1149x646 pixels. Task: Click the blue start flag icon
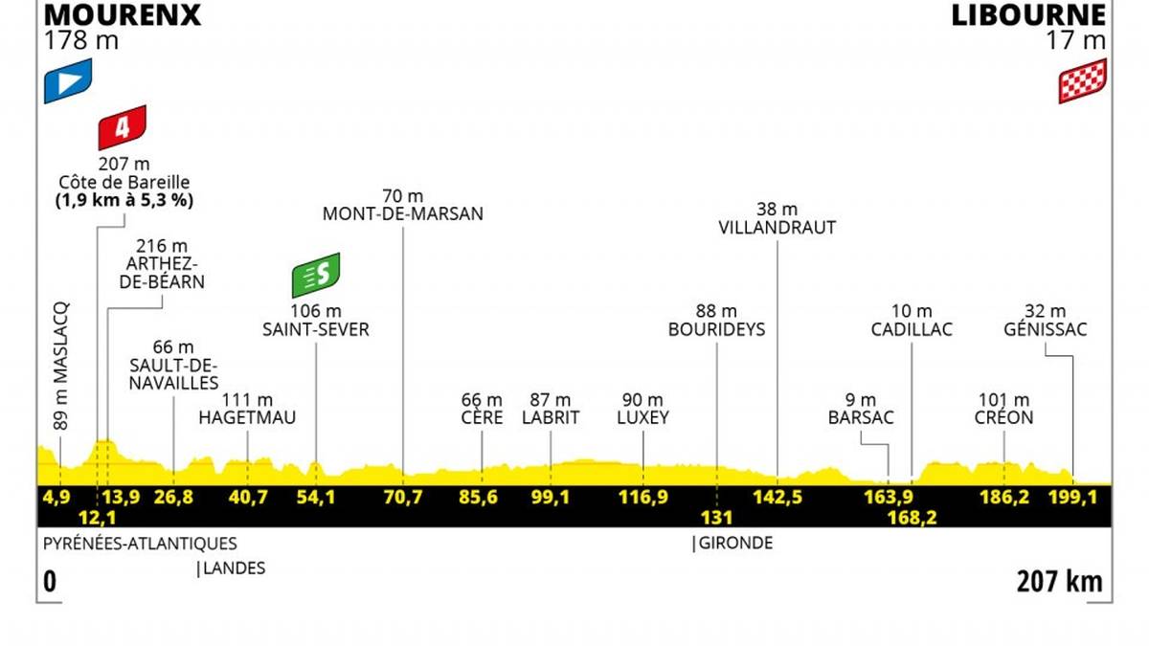67,80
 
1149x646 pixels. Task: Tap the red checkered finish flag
1082,80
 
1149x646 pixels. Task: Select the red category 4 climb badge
122,127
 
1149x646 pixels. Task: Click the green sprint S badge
317,276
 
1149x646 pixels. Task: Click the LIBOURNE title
1027,14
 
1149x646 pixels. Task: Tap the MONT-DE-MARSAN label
403,214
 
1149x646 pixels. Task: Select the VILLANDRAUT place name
777,228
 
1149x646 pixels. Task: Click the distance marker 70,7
403,498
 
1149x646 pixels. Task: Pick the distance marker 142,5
777,498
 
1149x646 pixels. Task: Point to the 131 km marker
715,517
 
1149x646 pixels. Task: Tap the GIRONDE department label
733,544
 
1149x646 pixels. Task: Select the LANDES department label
232,568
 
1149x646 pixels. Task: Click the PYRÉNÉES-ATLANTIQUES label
140,544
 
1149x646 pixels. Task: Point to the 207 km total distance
1060,581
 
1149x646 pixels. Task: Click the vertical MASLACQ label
60,369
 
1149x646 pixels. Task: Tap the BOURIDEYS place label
717,329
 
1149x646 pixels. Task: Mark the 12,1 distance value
97,517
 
